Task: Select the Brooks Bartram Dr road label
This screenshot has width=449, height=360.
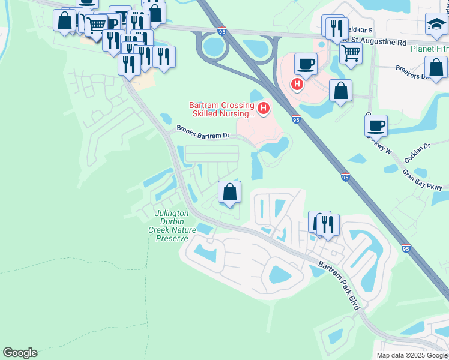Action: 203,133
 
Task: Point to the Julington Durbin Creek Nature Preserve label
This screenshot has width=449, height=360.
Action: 172,226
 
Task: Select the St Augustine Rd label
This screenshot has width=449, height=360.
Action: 373,43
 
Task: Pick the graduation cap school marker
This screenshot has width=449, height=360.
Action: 436,25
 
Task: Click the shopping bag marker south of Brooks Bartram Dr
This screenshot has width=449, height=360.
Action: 229,192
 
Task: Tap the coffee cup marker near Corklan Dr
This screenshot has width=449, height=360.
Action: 376,125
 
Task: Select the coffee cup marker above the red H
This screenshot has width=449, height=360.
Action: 305,64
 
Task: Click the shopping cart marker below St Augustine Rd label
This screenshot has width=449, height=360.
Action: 351,53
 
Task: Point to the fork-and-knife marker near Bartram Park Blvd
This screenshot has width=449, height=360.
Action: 327,224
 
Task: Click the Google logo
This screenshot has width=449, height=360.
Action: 20,353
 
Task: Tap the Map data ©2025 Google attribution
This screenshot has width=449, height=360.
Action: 412,355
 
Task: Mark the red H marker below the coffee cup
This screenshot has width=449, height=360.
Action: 297,84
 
